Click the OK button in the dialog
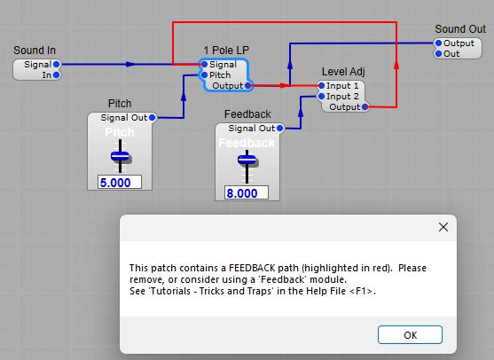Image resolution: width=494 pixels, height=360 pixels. (x=410, y=335)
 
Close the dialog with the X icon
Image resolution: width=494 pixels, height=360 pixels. (x=443, y=227)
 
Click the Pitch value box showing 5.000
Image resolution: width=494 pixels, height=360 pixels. (x=120, y=182)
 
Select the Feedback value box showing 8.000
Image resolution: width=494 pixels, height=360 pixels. (x=241, y=192)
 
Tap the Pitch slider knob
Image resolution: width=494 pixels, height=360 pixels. (x=120, y=157)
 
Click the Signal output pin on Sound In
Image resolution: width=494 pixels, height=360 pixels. (x=56, y=64)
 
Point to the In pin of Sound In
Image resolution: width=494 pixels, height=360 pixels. (x=56, y=74)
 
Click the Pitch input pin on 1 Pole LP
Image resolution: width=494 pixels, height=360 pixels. (x=204, y=74)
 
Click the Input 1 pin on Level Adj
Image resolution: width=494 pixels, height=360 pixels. (x=321, y=85)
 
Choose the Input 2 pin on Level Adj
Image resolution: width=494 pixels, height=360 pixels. (x=321, y=96)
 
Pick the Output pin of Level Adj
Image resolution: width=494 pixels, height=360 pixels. (x=365, y=106)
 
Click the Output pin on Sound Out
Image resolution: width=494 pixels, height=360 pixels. (x=438, y=43)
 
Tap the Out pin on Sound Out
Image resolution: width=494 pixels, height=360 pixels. (x=438, y=53)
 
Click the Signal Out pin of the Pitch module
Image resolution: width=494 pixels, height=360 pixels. (x=153, y=117)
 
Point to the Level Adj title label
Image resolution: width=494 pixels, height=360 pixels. (x=342, y=72)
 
